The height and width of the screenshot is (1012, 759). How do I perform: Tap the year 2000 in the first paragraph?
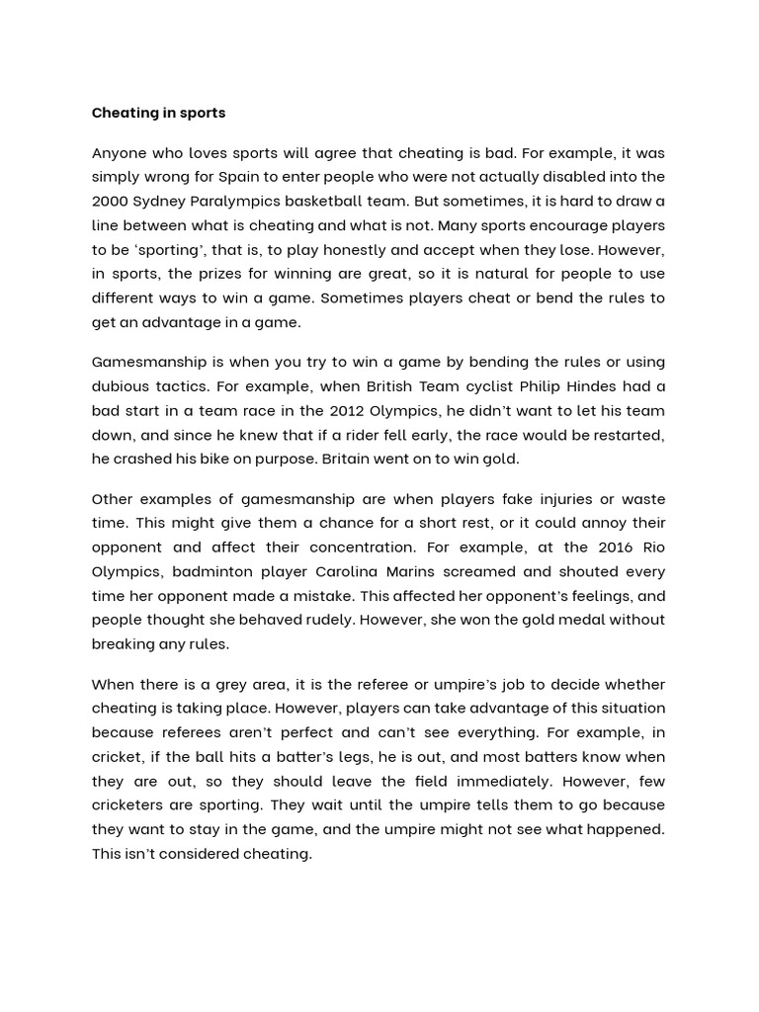(x=111, y=201)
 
